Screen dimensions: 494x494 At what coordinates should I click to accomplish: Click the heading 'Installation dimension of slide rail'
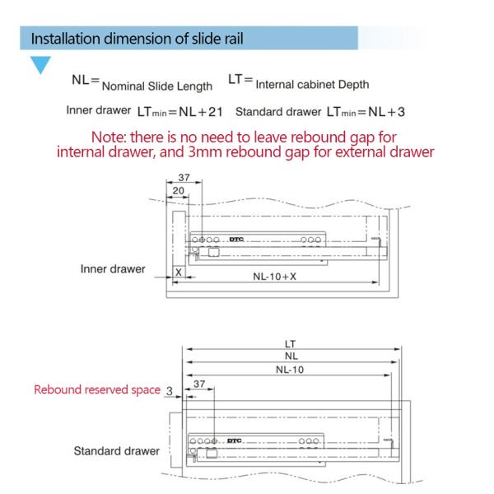pos(137,39)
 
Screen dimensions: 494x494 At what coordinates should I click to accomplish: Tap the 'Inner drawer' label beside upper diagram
pos(113,268)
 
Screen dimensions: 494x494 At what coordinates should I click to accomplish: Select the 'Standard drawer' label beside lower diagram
pos(116,451)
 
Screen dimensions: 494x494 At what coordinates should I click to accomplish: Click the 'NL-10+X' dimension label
pos(275,277)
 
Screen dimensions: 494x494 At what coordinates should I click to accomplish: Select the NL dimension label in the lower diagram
pos(289,356)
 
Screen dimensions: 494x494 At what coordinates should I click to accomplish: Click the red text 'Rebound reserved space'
pos(96,390)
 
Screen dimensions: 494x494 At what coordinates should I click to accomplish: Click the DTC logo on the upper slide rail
pos(247,238)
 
